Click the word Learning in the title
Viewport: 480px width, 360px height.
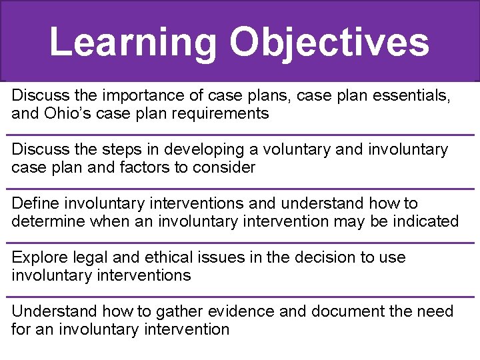[x=133, y=41]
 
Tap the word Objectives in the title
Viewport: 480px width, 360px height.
[x=329, y=41]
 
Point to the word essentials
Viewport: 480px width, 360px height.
[x=411, y=95]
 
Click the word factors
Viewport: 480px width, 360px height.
[x=145, y=167]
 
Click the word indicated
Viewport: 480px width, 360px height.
[x=423, y=221]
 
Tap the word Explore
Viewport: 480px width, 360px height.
[x=37, y=257]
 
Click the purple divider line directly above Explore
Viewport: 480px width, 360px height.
[x=240, y=243]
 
